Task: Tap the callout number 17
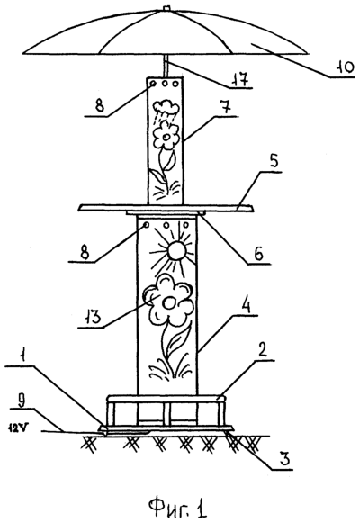241,79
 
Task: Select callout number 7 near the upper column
227,107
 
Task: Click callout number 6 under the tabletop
258,254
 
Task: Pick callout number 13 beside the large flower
92,318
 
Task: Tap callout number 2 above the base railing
263,352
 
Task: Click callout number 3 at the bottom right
283,459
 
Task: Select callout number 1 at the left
22,357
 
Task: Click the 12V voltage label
15,428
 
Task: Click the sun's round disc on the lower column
176,251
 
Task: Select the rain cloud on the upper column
166,106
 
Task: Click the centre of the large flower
169,303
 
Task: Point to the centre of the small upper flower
166,137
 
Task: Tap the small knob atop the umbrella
166,8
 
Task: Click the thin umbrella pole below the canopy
166,67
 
